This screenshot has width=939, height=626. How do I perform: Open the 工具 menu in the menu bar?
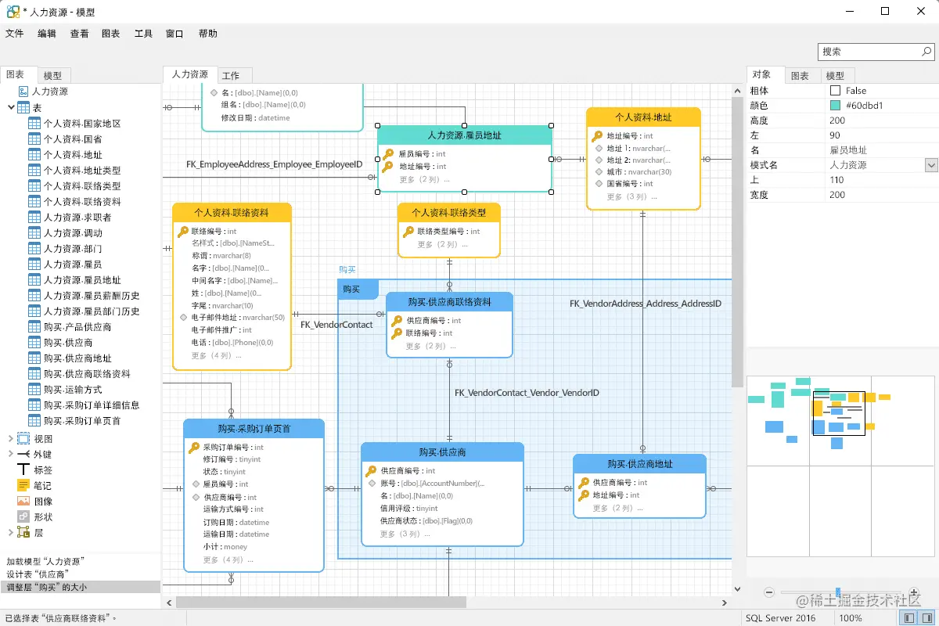click(143, 34)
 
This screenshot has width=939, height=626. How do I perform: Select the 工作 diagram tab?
click(231, 76)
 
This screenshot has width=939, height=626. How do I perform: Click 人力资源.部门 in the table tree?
click(73, 249)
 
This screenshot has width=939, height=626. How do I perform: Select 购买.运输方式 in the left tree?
click(73, 390)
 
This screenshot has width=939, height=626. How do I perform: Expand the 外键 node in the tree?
click(11, 455)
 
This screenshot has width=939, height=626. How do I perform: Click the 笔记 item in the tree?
click(42, 486)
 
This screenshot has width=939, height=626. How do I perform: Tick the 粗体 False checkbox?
click(835, 91)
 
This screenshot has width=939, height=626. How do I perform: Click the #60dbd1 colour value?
click(864, 106)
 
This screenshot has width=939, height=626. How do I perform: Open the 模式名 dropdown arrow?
click(931, 165)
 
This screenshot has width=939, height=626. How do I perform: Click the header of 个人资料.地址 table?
click(643, 117)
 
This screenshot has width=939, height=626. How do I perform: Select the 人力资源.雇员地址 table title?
click(465, 135)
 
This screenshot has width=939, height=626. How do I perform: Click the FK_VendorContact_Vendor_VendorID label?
click(527, 393)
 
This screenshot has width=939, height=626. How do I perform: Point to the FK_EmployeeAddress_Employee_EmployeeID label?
click(274, 164)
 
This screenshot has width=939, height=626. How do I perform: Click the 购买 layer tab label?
click(351, 289)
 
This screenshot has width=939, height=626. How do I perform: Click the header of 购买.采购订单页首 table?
click(254, 429)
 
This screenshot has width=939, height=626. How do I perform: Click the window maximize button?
click(885, 11)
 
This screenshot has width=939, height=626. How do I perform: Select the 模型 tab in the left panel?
click(52, 76)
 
